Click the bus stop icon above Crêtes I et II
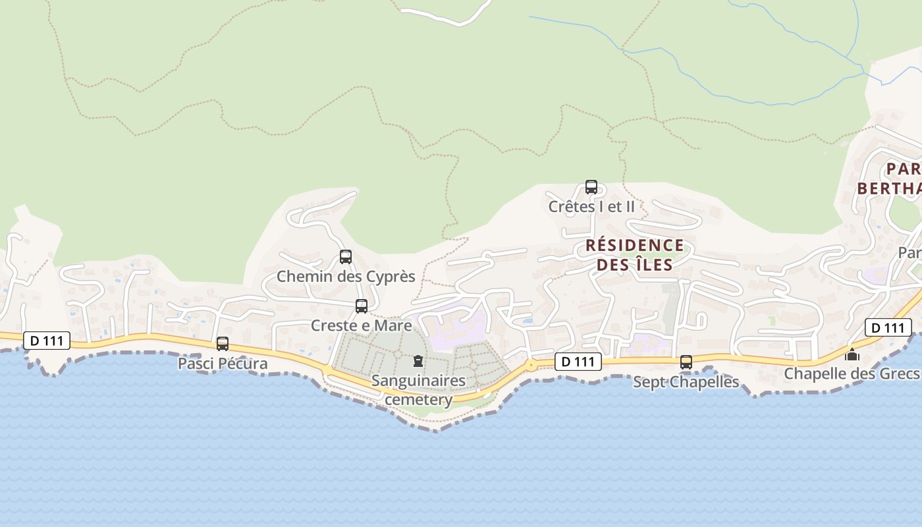(591, 187)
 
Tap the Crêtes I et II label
(591, 206)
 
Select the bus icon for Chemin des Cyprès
(346, 257)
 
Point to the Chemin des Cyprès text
(346, 276)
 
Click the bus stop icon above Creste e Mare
(362, 306)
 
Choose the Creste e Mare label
(362, 325)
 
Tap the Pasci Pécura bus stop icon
(223, 344)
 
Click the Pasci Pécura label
(223, 364)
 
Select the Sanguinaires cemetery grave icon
(418, 361)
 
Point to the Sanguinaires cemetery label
(418, 390)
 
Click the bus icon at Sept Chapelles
(686, 362)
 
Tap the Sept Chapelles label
(686, 382)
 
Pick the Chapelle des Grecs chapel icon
(852, 355)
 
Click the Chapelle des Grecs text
(851, 374)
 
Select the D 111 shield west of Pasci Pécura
(47, 341)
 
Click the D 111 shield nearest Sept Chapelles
(578, 362)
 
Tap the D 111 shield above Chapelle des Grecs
(888, 327)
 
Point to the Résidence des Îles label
(635, 255)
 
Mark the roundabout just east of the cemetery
(531, 364)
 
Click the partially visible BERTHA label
(889, 188)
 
